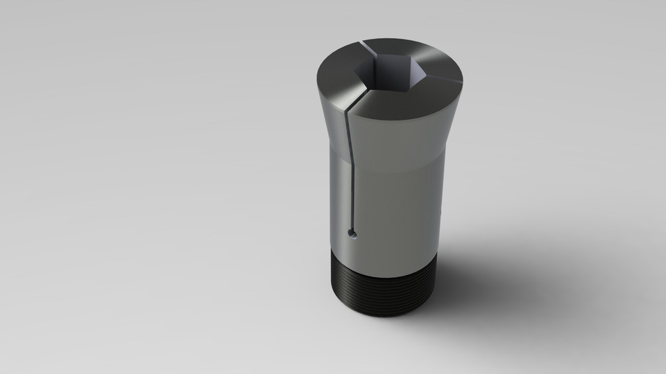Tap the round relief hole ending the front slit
click(x=354, y=233)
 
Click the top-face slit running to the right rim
click(x=437, y=81)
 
